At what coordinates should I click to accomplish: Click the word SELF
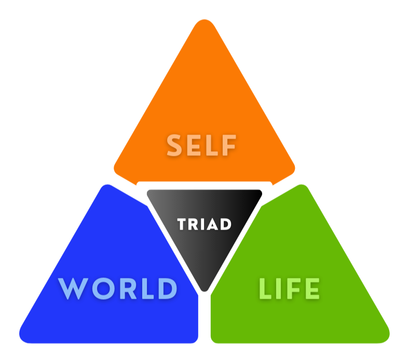(201, 145)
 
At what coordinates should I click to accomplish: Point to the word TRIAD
(204, 224)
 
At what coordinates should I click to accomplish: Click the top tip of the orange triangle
(203, 23)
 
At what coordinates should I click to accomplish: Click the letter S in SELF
(175, 145)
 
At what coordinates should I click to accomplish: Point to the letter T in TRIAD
(182, 224)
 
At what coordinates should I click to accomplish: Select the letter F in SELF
(229, 145)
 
